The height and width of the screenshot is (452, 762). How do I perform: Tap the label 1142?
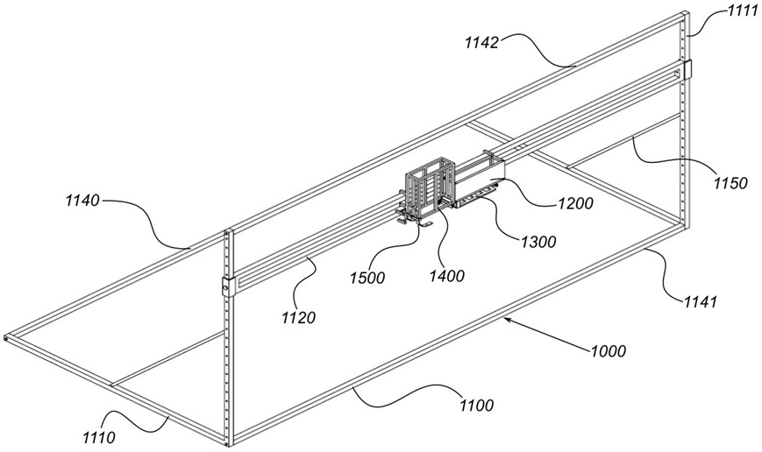click(483, 41)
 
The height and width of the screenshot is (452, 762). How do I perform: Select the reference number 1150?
click(730, 183)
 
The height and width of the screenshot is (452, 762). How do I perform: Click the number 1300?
click(538, 243)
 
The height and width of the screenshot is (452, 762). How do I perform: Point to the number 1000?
click(608, 351)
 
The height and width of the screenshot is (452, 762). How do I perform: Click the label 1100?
click(474, 405)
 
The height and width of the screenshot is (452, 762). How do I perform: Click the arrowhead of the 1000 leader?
click(506, 321)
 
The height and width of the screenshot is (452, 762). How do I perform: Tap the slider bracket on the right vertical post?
click(687, 69)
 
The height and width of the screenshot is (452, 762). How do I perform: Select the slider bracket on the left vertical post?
click(227, 286)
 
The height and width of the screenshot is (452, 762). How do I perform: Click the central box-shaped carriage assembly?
click(430, 187)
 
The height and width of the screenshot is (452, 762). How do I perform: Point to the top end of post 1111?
click(685, 13)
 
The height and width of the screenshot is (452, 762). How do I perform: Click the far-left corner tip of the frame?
click(5, 337)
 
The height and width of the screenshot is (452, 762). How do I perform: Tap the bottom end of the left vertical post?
click(231, 441)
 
